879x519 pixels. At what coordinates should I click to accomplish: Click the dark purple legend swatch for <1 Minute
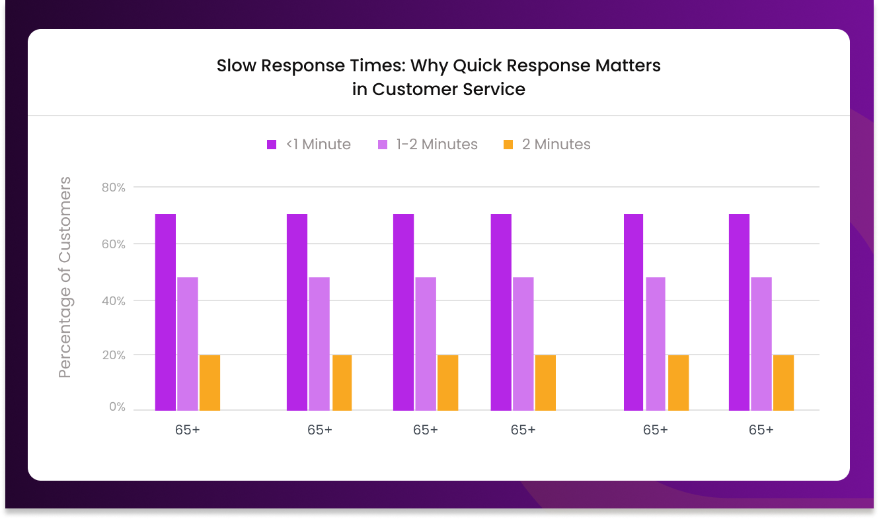272,145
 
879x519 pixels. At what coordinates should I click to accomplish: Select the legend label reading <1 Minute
319,145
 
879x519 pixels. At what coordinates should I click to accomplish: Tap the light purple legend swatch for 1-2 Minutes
383,145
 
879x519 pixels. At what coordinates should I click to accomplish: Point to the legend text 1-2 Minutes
437,145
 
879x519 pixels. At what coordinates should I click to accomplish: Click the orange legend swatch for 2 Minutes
508,145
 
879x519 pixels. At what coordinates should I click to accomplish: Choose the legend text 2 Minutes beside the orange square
556,145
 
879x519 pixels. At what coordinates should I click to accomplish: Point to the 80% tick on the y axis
114,188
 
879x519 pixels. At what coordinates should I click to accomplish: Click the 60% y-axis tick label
114,244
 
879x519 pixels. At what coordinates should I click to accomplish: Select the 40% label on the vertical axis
114,300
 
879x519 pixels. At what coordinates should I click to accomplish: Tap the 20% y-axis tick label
114,355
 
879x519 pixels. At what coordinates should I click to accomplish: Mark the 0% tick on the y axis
117,407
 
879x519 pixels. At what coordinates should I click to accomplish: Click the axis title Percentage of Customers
65,277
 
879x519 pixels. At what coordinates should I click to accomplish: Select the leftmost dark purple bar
165,312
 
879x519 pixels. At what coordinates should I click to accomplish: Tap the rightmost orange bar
783,382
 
